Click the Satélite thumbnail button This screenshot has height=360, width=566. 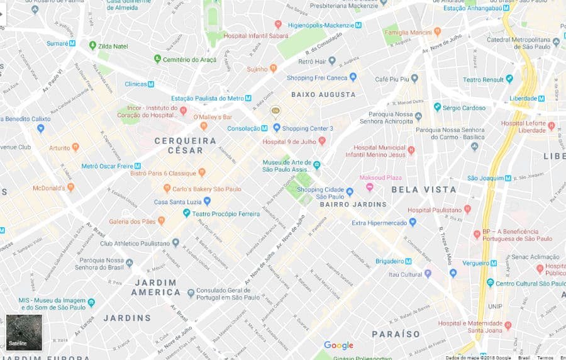[24, 332]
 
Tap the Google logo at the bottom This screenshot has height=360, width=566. [338, 345]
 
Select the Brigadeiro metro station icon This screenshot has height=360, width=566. [408, 261]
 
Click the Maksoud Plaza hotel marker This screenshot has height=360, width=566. [370, 186]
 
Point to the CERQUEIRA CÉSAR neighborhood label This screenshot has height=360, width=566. [185, 145]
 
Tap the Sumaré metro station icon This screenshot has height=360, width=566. [72, 43]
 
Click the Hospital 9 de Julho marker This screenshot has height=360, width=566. [322, 141]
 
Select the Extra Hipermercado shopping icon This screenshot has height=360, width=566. [413, 222]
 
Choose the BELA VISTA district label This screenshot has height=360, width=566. [423, 189]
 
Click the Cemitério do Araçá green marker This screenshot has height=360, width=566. [157, 59]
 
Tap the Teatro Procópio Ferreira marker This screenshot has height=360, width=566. [187, 213]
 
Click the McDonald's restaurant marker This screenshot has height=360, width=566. [70, 187]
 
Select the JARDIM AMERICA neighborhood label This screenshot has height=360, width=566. [155, 288]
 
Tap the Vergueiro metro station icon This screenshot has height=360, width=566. [484, 262]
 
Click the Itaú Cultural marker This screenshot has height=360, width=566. [428, 274]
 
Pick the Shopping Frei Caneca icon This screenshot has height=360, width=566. [353, 77]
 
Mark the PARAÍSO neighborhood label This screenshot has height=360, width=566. [396, 334]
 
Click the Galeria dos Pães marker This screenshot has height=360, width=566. [162, 221]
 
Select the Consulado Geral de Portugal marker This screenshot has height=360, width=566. [191, 293]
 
